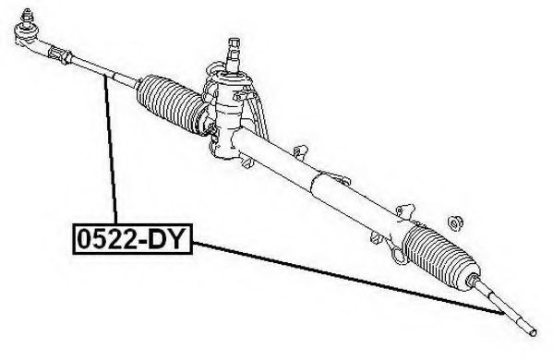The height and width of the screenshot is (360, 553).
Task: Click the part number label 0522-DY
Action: click(x=132, y=239)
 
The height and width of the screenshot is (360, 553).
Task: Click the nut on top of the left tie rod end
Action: click(x=26, y=15)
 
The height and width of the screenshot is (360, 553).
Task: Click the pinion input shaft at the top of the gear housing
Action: click(x=234, y=53)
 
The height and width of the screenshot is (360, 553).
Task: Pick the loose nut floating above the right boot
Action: click(x=455, y=222)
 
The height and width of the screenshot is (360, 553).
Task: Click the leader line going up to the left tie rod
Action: click(x=111, y=150)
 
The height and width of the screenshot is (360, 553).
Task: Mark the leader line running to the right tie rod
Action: click(x=347, y=278)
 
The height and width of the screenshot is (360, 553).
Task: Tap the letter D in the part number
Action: click(x=157, y=239)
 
